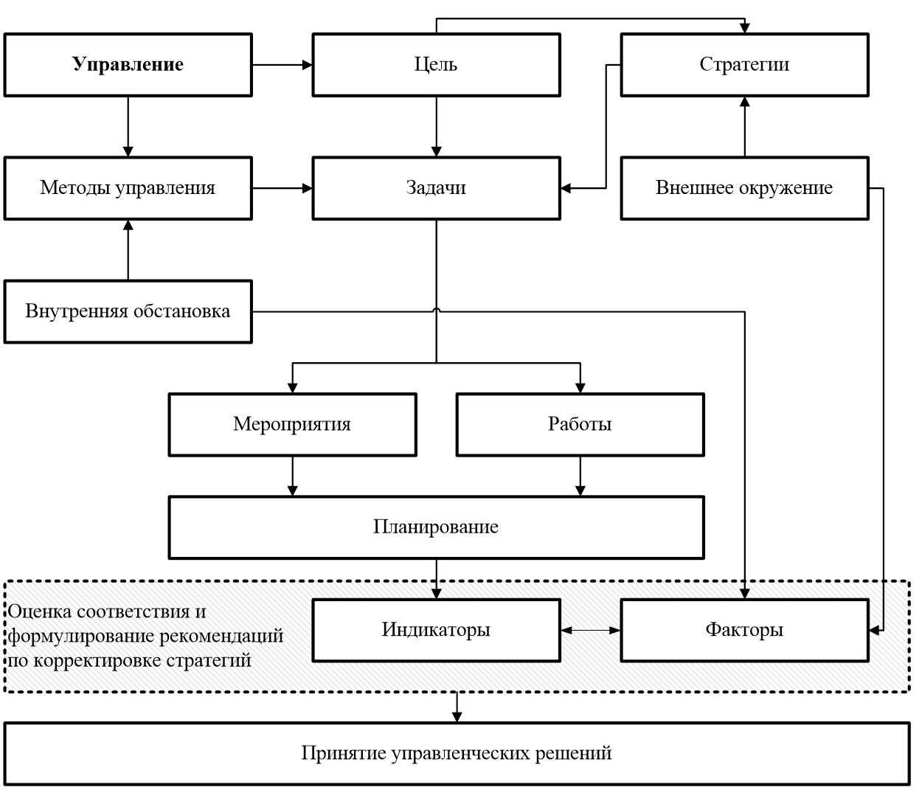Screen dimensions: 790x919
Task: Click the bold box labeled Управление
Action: click(x=128, y=64)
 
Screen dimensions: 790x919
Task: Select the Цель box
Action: click(x=436, y=64)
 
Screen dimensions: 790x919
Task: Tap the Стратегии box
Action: click(x=744, y=64)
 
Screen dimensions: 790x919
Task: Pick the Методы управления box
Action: click(x=128, y=187)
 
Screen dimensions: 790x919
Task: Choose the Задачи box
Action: click(x=436, y=187)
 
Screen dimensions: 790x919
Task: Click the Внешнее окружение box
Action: click(x=744, y=187)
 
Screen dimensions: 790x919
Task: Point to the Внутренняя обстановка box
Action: click(x=128, y=311)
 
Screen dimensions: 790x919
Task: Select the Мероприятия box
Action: click(x=292, y=424)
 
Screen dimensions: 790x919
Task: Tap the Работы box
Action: click(x=580, y=424)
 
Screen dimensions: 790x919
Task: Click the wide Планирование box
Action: click(x=436, y=527)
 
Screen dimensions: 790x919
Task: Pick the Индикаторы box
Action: click(x=436, y=629)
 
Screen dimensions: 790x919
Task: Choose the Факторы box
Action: click(x=744, y=629)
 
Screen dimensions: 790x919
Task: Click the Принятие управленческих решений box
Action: click(x=457, y=753)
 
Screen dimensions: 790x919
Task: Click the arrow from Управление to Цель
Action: click(x=282, y=64)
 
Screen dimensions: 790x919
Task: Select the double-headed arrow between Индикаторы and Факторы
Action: click(x=590, y=630)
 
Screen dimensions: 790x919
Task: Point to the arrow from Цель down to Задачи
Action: click(x=437, y=125)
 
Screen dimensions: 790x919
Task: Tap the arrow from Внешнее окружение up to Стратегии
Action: click(x=745, y=126)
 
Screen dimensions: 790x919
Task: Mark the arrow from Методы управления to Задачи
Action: click(x=282, y=188)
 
